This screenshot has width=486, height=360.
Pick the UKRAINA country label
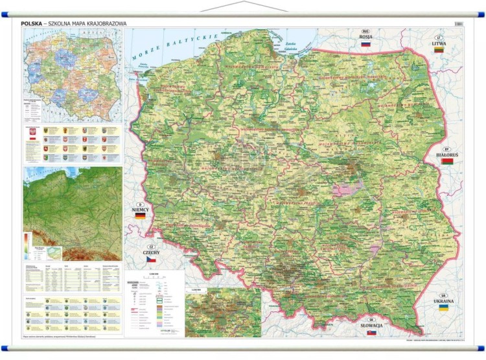tap(444, 302)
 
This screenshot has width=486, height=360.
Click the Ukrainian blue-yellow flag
tap(444, 309)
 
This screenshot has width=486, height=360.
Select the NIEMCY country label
tap(139, 210)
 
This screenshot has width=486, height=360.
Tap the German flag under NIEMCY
tap(140, 217)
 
